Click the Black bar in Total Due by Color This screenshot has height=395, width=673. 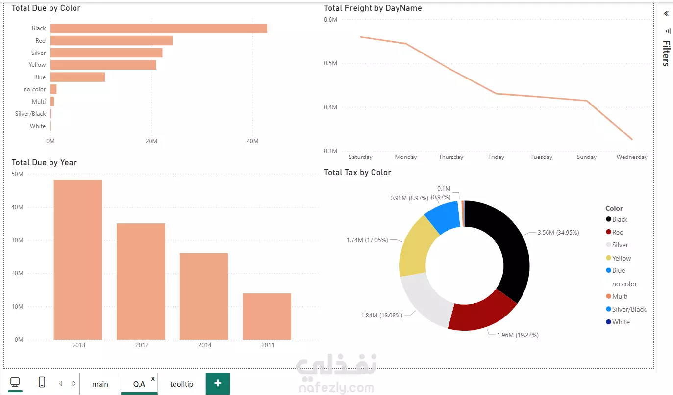(158, 28)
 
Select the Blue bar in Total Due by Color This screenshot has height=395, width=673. (77, 77)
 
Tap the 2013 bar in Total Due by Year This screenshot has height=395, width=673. (78, 259)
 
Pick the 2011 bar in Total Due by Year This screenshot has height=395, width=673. (267, 316)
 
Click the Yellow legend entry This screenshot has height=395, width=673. (621, 258)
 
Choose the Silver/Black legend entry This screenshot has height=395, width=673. (629, 309)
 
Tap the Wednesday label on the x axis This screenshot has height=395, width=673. (632, 157)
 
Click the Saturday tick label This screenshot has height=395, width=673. (360, 157)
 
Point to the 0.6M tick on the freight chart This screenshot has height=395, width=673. (331, 19)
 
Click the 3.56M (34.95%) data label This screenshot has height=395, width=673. (558, 233)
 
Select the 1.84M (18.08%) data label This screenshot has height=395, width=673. (381, 315)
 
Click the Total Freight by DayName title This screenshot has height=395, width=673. (373, 8)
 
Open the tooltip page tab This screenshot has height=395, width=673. (181, 384)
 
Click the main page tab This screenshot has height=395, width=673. (100, 384)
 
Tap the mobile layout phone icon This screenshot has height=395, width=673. (42, 382)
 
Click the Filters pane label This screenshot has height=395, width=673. (666, 53)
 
